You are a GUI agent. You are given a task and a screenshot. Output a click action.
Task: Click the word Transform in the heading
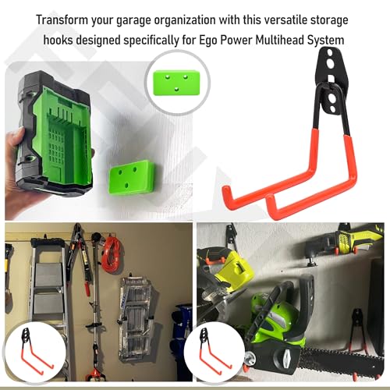click(x=62, y=19)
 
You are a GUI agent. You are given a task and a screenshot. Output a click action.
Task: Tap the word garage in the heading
click(x=133, y=21)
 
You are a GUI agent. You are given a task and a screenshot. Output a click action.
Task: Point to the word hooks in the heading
click(x=58, y=41)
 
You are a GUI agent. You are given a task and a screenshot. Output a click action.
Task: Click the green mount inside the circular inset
click(x=176, y=83)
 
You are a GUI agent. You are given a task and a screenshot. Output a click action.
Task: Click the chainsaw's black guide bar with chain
click(x=338, y=357)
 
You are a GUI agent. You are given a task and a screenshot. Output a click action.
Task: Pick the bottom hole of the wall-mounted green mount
click(x=127, y=185)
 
